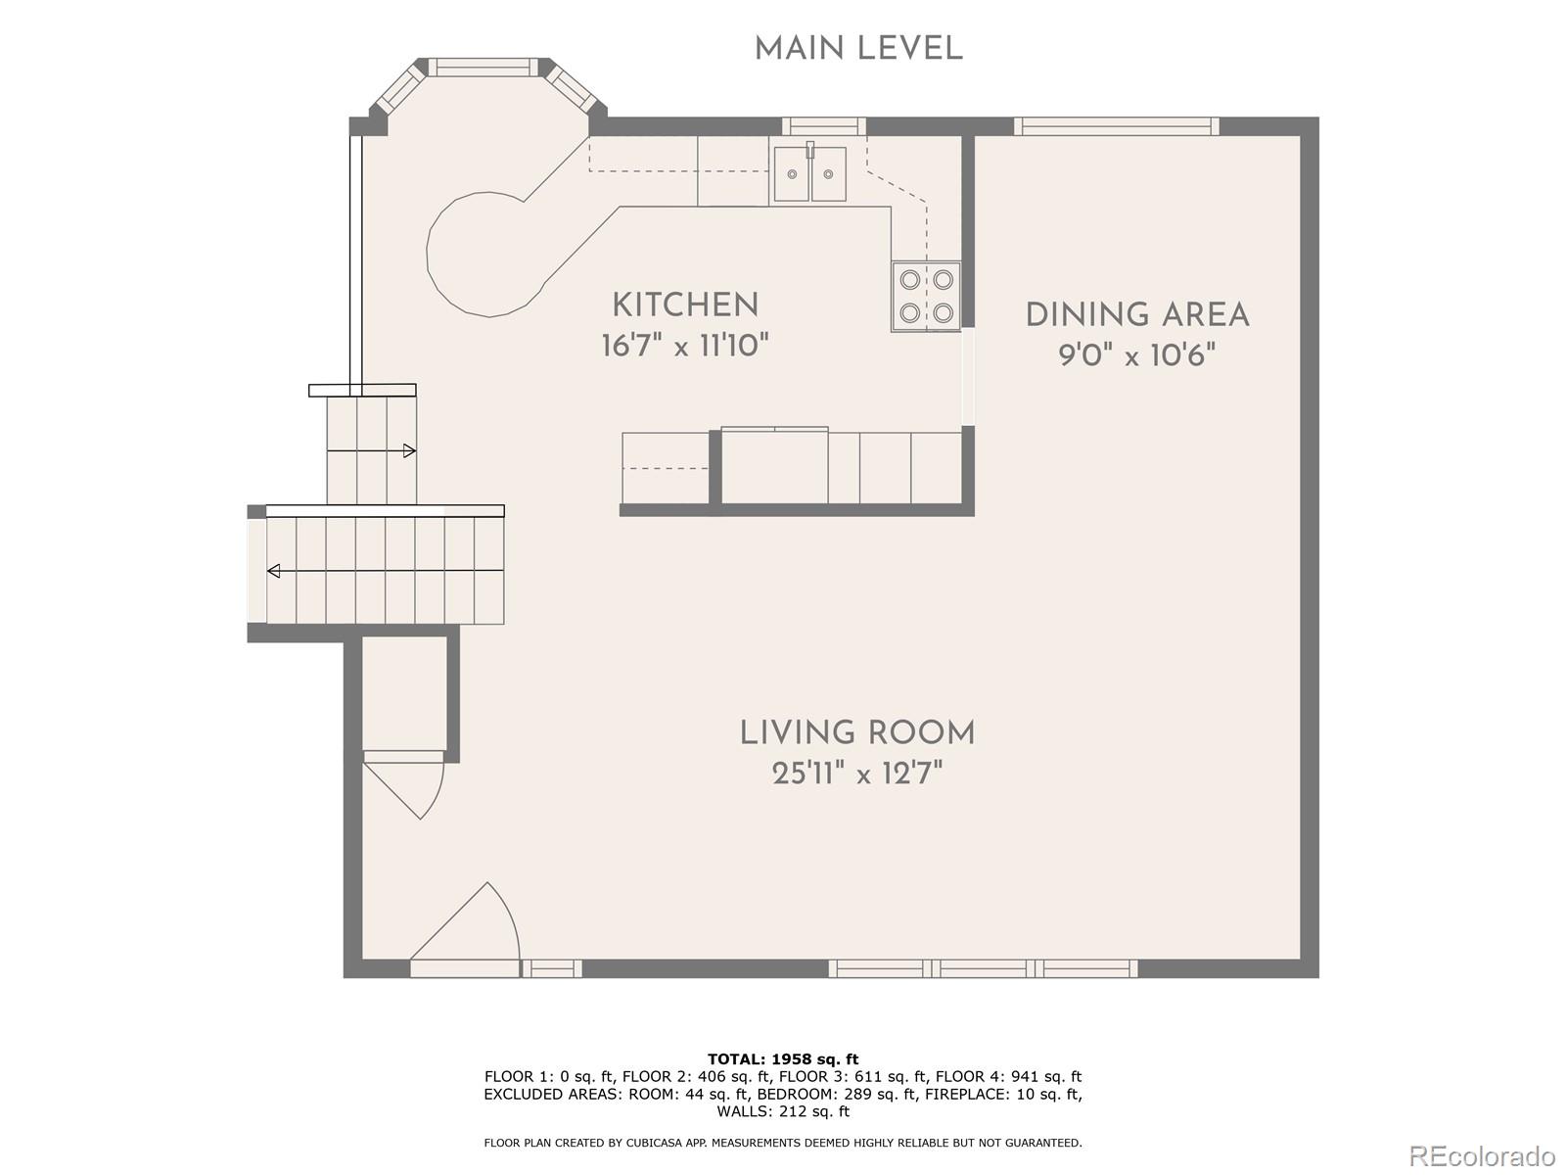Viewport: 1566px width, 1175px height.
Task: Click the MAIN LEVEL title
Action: pyautogui.click(x=858, y=49)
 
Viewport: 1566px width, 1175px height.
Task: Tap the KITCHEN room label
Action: pyautogui.click(x=685, y=305)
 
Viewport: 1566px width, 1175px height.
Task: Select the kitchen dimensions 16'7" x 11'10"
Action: pyautogui.click(x=685, y=347)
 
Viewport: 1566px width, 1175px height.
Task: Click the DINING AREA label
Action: pyautogui.click(x=1137, y=315)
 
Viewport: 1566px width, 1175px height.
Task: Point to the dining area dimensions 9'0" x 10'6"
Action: pyautogui.click(x=1137, y=354)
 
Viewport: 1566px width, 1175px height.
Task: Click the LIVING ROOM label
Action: pyautogui.click(x=856, y=733)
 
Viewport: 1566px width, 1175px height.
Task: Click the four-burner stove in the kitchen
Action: pyautogui.click(x=926, y=296)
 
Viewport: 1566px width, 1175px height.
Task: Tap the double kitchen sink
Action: pyautogui.click(x=809, y=173)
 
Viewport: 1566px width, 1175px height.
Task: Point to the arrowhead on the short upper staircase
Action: pyautogui.click(x=409, y=450)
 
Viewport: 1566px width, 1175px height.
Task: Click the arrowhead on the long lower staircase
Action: pyautogui.click(x=273, y=571)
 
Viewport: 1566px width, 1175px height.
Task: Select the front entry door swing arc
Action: pyautogui.click(x=508, y=916)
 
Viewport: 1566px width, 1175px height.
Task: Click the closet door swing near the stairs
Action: pyautogui.click(x=436, y=793)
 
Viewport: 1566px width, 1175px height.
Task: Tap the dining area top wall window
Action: pyautogui.click(x=1117, y=126)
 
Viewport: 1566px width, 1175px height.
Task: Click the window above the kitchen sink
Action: pyautogui.click(x=824, y=126)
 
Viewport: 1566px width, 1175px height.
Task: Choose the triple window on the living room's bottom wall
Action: pyautogui.click(x=983, y=968)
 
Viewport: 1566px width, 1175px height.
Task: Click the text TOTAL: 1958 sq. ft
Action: pyautogui.click(x=783, y=1058)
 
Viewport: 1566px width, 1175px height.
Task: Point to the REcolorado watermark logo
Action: pyautogui.click(x=1481, y=1154)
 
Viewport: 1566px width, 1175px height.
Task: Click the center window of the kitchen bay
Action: pyautogui.click(x=483, y=67)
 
